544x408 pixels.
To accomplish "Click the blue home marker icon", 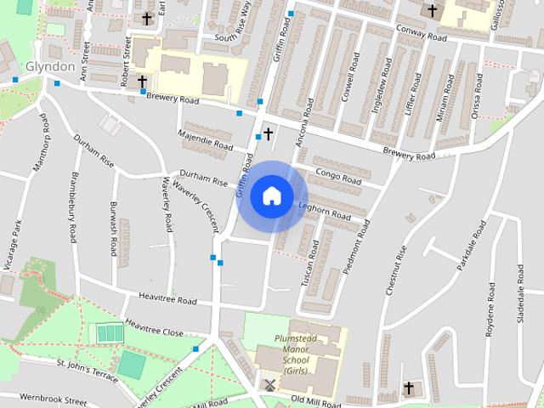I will (271, 195).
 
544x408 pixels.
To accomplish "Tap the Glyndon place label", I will (50, 65).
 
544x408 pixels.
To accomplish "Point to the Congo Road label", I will (338, 177).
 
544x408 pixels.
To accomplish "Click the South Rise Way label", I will (232, 35).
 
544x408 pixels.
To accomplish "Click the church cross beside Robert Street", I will (142, 82).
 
